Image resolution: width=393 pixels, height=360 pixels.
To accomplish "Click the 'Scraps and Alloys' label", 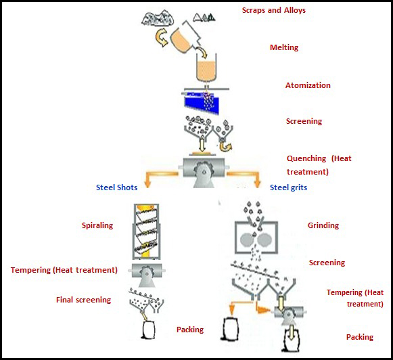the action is point(274,10).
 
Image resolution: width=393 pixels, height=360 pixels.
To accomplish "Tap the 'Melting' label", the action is point(284,47).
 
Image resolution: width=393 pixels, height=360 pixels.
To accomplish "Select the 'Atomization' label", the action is point(308,85).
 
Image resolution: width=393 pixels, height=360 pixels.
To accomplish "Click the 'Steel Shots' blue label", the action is point(117,187).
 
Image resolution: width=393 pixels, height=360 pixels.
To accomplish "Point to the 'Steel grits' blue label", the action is point(288,187).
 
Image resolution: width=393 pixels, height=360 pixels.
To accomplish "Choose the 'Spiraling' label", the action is point(97,225).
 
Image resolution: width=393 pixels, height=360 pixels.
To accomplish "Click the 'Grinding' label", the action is point(323,225).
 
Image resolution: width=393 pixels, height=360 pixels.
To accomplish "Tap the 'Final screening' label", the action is point(83,300).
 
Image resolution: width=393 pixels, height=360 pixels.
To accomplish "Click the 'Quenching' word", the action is point(306,159).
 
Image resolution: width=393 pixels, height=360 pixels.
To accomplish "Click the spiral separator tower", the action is point(145,231).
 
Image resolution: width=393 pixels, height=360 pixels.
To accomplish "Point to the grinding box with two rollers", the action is point(256,237).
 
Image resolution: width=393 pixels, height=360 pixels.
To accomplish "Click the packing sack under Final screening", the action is point(149,330).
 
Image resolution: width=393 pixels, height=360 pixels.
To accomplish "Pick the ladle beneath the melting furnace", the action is point(206,68).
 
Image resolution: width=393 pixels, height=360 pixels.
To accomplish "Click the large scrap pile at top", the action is point(158,18).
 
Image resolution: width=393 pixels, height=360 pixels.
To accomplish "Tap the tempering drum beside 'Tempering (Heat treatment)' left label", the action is point(147,274).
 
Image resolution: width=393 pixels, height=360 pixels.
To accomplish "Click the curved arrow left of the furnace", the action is point(162,38).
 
